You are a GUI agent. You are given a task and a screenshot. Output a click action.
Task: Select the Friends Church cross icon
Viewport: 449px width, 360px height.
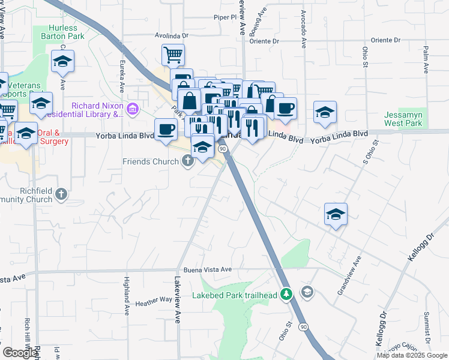188,161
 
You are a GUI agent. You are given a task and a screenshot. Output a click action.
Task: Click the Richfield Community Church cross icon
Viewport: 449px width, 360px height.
62,194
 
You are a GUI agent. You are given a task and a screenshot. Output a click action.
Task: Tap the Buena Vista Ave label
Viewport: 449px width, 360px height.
208,269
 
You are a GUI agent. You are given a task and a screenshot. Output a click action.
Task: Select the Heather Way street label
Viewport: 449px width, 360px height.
154,304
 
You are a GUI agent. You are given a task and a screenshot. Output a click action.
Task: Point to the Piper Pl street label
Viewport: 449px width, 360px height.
226,18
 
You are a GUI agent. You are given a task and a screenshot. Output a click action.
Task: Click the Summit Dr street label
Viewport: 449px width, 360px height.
427,325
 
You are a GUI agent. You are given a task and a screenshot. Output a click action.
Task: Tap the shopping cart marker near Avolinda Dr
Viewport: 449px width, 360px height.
173,55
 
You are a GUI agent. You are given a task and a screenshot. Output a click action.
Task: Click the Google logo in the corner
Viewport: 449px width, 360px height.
20,353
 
